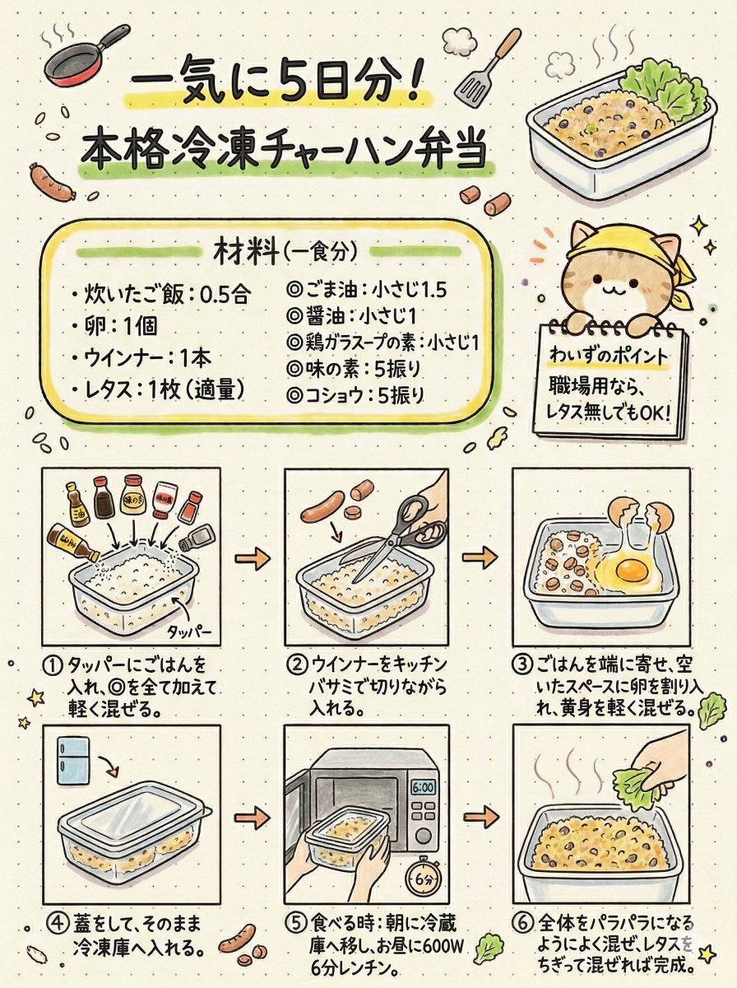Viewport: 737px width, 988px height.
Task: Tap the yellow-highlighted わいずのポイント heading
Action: [608, 355]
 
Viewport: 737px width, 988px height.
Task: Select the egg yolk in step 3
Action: [631, 567]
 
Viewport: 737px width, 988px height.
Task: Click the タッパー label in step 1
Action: [189, 631]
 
